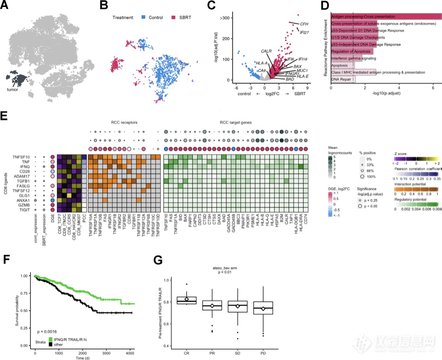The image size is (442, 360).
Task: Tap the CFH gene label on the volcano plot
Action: [x=304, y=23]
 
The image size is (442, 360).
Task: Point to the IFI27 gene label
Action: [x=304, y=32]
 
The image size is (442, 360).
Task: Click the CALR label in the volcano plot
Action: [x=266, y=51]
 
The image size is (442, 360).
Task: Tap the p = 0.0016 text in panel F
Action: [x=47, y=332]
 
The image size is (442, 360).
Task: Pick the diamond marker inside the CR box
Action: [x=186, y=299]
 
